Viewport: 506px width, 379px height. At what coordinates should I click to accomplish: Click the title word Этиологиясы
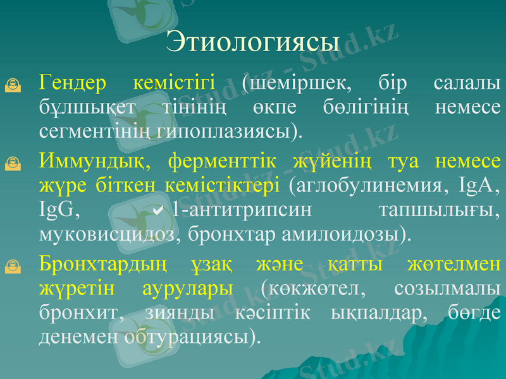coord(253,42)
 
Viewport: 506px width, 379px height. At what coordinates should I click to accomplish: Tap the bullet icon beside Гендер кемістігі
coord(12,83)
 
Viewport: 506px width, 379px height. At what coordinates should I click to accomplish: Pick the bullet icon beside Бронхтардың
coord(12,267)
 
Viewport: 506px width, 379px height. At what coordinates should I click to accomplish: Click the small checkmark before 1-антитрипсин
coord(158,208)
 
